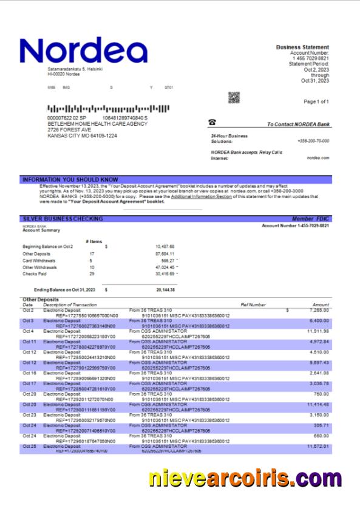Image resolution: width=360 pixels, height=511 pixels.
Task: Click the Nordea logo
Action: pos(83,52)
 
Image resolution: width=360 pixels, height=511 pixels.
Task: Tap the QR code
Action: pos(234,98)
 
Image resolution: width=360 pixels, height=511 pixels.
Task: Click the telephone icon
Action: pos(212,123)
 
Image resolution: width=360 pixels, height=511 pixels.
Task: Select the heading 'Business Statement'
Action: pos(302,47)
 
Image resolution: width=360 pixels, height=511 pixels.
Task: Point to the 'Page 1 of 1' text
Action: pos(316,101)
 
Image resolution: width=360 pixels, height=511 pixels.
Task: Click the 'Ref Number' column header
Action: pos(253,304)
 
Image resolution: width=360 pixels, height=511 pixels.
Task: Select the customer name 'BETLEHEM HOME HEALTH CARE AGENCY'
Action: pos(97,124)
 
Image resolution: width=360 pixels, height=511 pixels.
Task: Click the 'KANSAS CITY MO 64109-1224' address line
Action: pos(82,136)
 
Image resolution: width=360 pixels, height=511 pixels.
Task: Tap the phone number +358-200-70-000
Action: pos(313,140)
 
